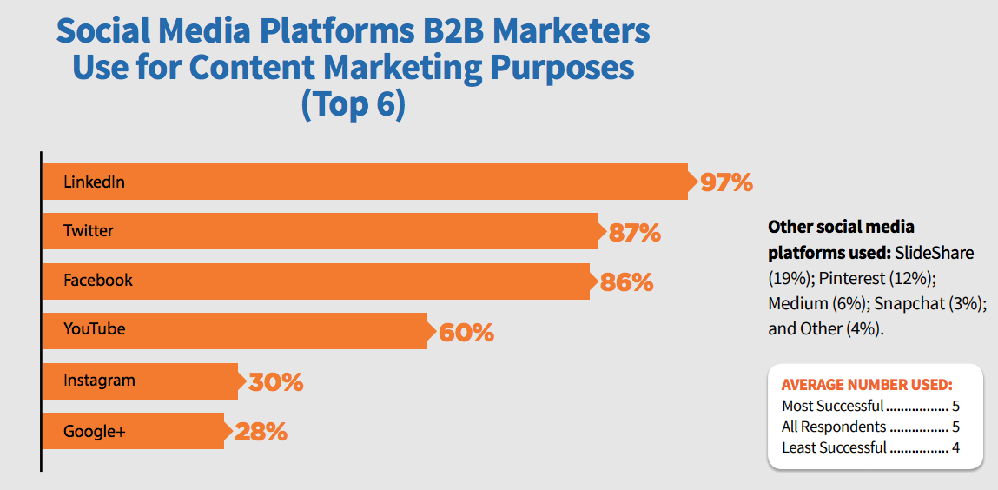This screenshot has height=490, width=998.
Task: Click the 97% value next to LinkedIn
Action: tap(725, 182)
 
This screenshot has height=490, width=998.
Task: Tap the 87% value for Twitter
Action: tap(635, 233)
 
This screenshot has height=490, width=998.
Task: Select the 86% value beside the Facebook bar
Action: tap(626, 282)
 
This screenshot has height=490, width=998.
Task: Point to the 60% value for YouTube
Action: tap(466, 333)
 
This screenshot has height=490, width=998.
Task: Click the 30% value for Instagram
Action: tap(276, 382)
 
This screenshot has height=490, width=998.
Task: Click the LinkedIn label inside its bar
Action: tap(94, 182)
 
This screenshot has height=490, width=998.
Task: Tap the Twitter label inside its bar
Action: tap(89, 231)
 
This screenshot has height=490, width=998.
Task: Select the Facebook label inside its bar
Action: tap(98, 281)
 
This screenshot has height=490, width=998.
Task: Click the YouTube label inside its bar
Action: tap(94, 329)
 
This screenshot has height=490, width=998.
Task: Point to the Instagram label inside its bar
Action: tap(99, 381)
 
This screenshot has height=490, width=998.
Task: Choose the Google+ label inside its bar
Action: tap(95, 431)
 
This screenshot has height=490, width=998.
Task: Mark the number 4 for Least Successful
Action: tap(955, 448)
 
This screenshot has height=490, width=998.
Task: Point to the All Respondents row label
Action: tap(834, 427)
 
